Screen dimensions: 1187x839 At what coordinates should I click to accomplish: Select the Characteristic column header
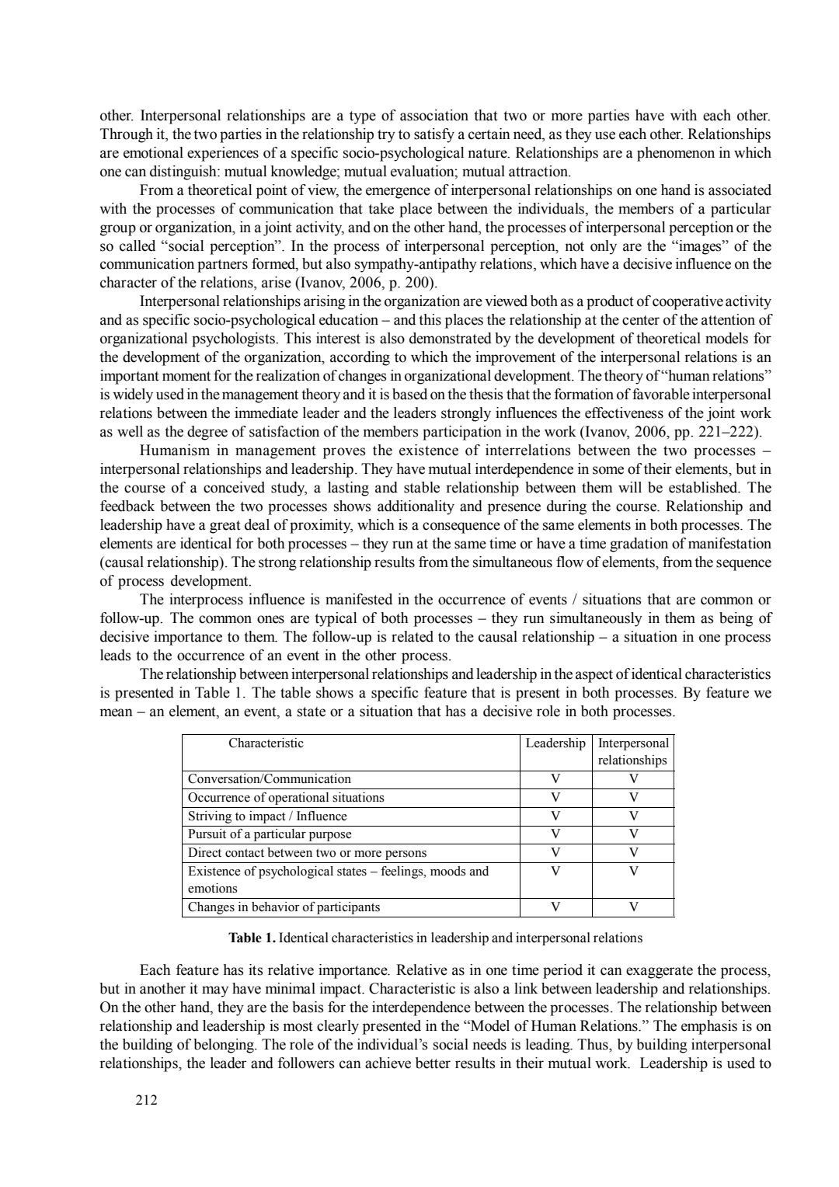pos(266,743)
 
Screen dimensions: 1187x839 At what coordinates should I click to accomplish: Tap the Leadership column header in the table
pos(555,743)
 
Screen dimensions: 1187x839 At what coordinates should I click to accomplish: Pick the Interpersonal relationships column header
pos(633,752)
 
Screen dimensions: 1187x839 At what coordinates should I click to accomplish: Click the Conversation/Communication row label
pos(270,779)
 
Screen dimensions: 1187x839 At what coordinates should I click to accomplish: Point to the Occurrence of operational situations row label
pos(286,798)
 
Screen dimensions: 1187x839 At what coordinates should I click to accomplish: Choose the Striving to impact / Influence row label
pos(267,816)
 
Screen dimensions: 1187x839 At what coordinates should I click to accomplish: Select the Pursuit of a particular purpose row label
pos(270,835)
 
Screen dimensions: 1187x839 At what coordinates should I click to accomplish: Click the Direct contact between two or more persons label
pos(307,853)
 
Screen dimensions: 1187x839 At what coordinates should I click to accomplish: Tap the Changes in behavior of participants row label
pos(284,907)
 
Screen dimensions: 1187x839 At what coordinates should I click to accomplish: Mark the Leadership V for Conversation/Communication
pos(555,779)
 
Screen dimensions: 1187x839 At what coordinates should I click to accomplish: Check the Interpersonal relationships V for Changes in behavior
pos(634,907)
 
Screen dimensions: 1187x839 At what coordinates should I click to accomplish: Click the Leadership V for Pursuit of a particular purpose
pos(555,835)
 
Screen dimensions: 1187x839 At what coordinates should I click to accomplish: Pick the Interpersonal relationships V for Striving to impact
pos(634,816)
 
